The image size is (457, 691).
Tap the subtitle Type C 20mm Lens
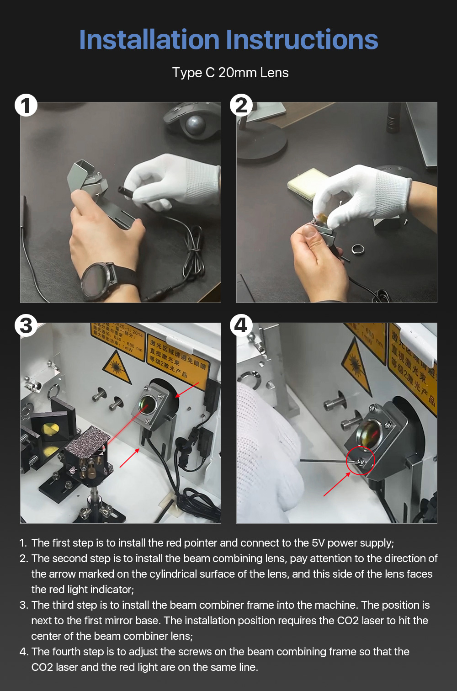click(x=230, y=73)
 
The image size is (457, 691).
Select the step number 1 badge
click(x=26, y=106)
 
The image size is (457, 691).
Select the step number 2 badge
click(x=241, y=106)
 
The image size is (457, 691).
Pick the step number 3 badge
click(x=26, y=326)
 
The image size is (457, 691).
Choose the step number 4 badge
click(x=240, y=326)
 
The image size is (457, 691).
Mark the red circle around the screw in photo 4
click(x=360, y=461)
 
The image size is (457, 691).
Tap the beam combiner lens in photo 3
click(x=148, y=404)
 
